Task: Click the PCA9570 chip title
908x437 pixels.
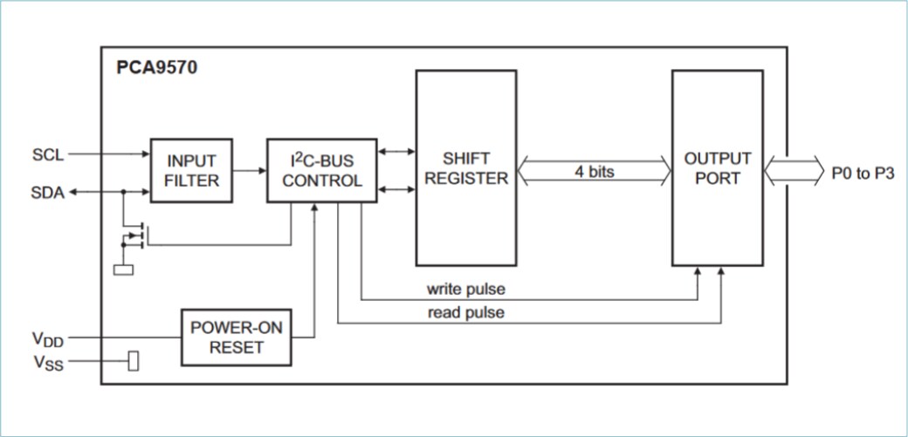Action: coord(157,67)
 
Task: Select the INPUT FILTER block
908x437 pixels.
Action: coord(191,170)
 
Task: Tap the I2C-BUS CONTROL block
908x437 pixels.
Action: coord(321,170)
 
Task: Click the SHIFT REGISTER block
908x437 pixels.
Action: coord(465,167)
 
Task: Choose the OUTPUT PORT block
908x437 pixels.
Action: coord(717,167)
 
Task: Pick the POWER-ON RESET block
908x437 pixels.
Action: coord(237,338)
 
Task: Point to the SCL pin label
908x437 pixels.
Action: coord(48,154)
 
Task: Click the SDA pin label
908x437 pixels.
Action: coord(48,193)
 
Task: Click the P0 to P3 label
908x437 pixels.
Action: coord(862,172)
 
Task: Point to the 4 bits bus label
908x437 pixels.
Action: coord(594,172)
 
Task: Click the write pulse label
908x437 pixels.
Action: coord(465,288)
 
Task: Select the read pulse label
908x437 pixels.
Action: coord(465,312)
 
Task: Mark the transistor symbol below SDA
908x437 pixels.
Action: coord(134,235)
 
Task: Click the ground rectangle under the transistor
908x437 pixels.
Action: coord(124,270)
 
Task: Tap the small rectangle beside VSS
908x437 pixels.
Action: coord(134,360)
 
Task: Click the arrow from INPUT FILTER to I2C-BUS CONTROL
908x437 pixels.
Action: coord(250,171)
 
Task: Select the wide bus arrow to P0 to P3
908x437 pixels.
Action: coord(793,171)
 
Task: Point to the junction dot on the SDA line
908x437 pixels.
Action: coord(123,193)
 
